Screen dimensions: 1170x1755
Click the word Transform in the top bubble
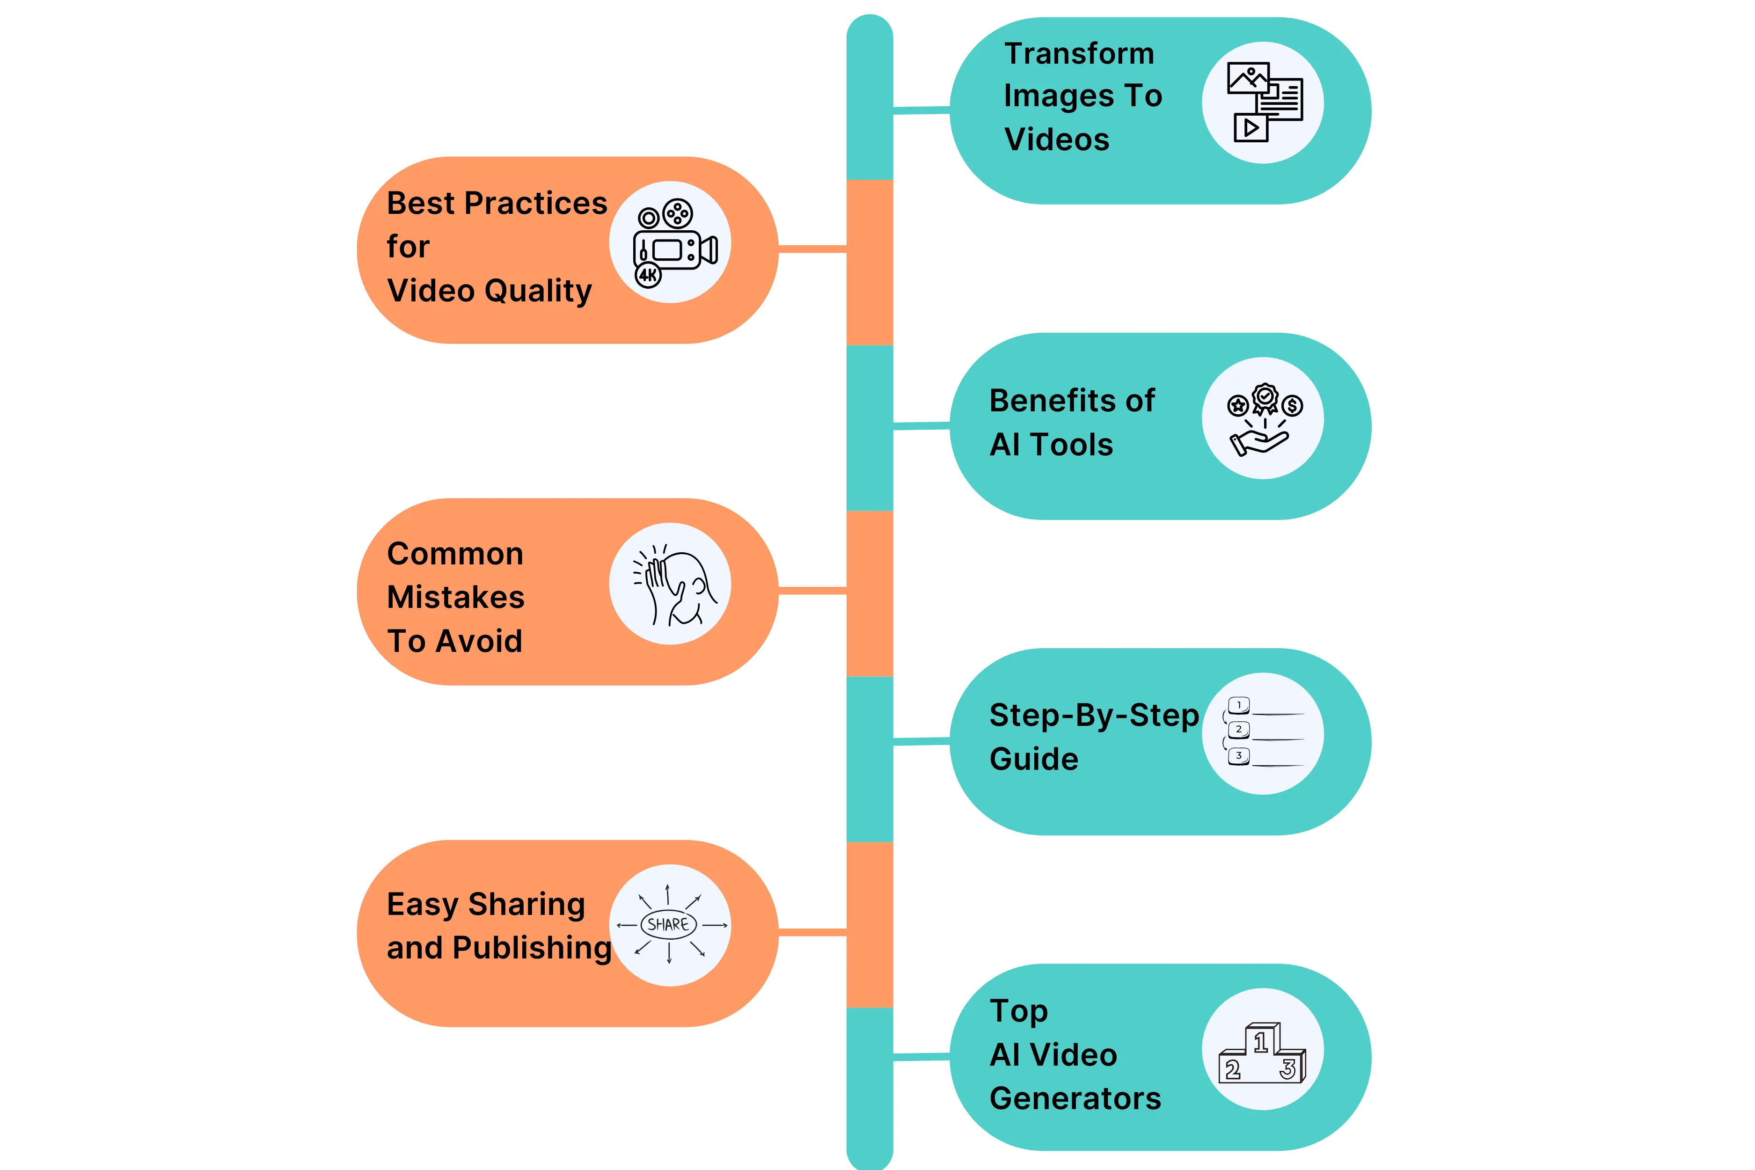click(1079, 54)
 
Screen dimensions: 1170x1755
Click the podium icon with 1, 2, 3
click(1263, 1052)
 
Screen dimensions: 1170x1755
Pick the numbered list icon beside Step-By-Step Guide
click(1263, 733)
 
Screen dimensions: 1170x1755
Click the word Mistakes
click(456, 597)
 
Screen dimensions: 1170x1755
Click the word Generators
click(1075, 1098)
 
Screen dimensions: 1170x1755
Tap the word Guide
click(1033, 759)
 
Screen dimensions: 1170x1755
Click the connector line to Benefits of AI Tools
click(921, 426)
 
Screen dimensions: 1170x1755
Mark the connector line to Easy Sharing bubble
click(812, 932)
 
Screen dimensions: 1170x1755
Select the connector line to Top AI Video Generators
click(921, 1057)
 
